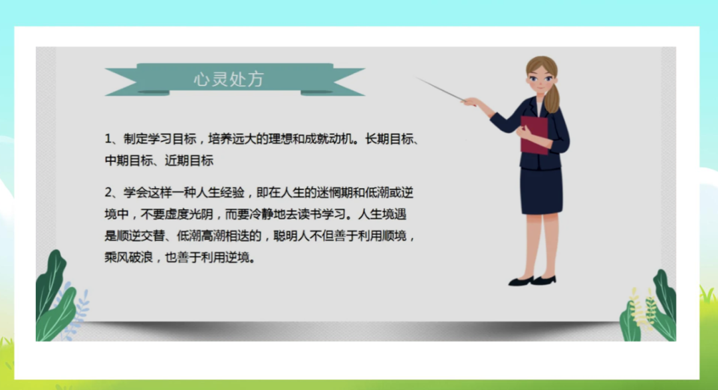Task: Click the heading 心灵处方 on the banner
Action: click(x=229, y=79)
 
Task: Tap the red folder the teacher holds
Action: click(x=534, y=135)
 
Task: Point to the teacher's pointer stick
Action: click(x=441, y=89)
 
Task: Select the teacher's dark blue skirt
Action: click(x=540, y=191)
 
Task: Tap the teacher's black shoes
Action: click(x=533, y=280)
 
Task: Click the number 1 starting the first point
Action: click(x=108, y=139)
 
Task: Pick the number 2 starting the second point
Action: click(x=108, y=193)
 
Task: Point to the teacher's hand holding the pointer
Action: click(x=470, y=102)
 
